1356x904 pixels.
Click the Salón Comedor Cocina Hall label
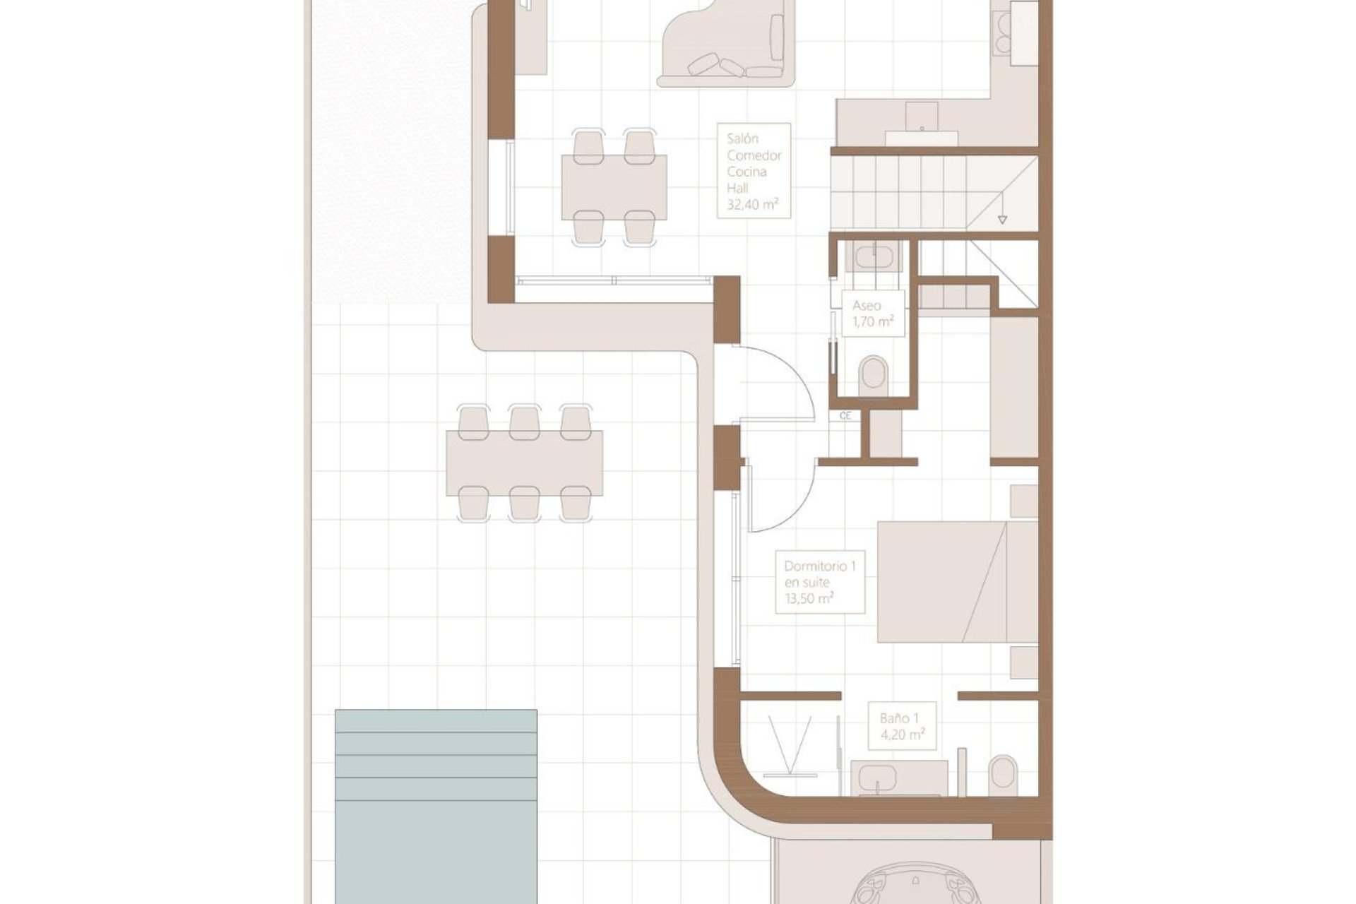coord(754,171)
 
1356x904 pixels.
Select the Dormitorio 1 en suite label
coord(819,583)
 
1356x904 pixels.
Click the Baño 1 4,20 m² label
coord(902,726)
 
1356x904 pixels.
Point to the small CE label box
coord(845,416)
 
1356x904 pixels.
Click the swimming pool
coord(436,805)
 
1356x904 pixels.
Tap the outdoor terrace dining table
coord(524,463)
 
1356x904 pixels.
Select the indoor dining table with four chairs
coord(614,187)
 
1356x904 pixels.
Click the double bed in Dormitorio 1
coord(957,582)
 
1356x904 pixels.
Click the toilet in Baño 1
coord(1004,775)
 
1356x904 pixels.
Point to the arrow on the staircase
coord(1002,220)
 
